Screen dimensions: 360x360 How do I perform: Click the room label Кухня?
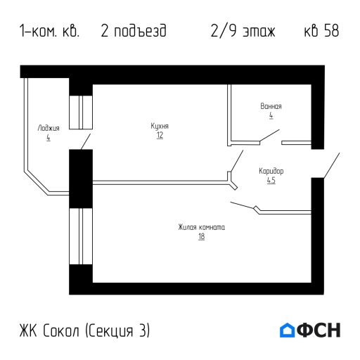tap(160, 126)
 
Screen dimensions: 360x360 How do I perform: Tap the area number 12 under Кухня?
tap(160, 135)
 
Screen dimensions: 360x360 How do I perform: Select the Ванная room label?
tap(271, 106)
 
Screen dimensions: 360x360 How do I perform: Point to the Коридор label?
tap(271, 171)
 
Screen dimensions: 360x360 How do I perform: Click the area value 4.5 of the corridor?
tap(271, 180)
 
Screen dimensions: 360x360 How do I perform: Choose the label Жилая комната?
tap(201, 227)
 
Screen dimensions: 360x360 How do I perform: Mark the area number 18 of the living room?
tap(201, 237)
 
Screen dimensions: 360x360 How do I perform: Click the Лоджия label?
tap(49, 129)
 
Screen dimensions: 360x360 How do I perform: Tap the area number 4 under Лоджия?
tap(49, 138)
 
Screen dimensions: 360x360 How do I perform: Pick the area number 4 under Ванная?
tap(271, 115)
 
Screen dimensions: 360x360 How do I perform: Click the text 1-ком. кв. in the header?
tap(50, 32)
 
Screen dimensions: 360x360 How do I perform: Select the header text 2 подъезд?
tap(134, 32)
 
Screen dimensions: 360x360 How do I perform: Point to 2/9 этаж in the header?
tap(243, 32)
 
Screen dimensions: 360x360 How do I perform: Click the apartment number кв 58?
tap(321, 32)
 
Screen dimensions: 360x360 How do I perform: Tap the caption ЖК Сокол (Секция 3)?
tap(85, 330)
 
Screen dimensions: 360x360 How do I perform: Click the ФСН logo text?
tap(319, 330)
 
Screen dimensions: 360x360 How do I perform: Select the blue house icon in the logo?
tap(287, 330)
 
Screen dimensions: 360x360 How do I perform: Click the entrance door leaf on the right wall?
tap(330, 165)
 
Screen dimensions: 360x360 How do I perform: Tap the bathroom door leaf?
tap(269, 136)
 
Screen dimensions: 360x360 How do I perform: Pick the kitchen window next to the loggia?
tap(81, 110)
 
